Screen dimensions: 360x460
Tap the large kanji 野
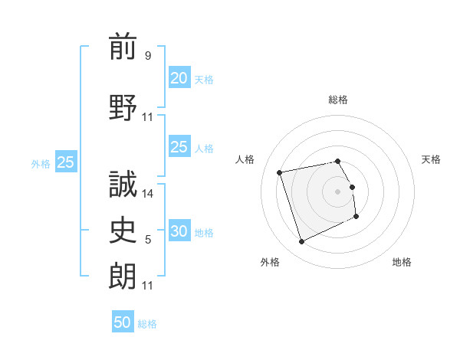pyautogui.click(x=123, y=107)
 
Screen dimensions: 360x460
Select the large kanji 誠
pyautogui.click(x=123, y=184)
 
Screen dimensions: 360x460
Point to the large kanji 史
pyautogui.click(x=123, y=230)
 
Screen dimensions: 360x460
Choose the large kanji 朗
pyautogui.click(x=123, y=276)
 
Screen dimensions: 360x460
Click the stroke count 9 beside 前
pyautogui.click(x=148, y=56)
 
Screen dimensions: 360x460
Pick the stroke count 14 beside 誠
pyautogui.click(x=148, y=194)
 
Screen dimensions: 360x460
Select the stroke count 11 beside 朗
pyautogui.click(x=148, y=286)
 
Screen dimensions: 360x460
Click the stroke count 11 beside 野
pyautogui.click(x=148, y=117)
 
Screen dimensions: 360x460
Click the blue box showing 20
pyautogui.click(x=179, y=78)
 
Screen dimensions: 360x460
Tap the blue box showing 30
pyautogui.click(x=179, y=231)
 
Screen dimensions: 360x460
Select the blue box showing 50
pyautogui.click(x=123, y=322)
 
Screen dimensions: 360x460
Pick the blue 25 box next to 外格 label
pyautogui.click(x=66, y=162)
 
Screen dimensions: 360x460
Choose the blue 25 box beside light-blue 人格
pyautogui.click(x=179, y=147)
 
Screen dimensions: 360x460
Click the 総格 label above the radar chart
pyautogui.click(x=338, y=100)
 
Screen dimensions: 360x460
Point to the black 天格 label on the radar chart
pyautogui.click(x=431, y=159)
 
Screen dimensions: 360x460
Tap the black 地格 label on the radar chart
pyautogui.click(x=402, y=262)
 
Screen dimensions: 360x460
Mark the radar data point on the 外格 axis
pyautogui.click(x=301, y=242)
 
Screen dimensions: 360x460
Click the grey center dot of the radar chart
pyautogui.click(x=338, y=191)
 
